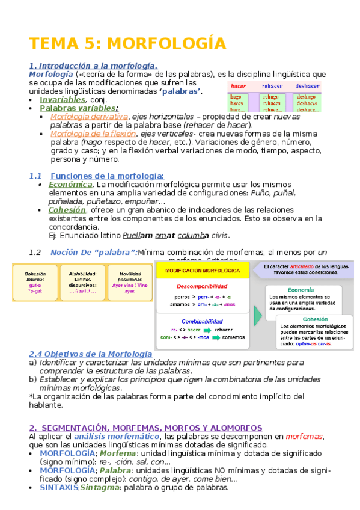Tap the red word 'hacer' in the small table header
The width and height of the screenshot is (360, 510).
[x=239, y=86]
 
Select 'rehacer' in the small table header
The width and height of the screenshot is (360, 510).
[x=271, y=86]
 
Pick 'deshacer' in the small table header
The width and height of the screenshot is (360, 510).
[x=307, y=86]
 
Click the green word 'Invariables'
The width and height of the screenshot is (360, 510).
[x=63, y=99]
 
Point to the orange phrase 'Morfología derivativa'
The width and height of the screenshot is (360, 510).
[x=89, y=117]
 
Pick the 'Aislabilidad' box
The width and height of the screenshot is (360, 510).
[x=82, y=281]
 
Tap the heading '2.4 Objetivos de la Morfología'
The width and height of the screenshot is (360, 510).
[x=91, y=354]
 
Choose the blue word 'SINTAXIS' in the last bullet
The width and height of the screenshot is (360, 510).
[x=59, y=488]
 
